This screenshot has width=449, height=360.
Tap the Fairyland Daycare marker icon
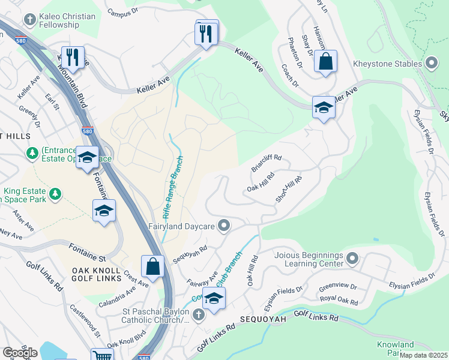(x=224, y=226)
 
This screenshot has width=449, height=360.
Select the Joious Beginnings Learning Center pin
(x=352, y=259)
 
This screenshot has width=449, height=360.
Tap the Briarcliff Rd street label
(x=266, y=163)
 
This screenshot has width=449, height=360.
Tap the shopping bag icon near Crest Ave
(x=153, y=266)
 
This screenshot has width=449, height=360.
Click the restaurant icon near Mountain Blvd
(x=73, y=57)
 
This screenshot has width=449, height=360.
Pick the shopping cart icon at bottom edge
(x=101, y=356)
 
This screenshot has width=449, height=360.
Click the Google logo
(x=20, y=352)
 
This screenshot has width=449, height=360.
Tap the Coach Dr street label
(x=291, y=76)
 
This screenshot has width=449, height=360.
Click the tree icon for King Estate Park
(x=56, y=193)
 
